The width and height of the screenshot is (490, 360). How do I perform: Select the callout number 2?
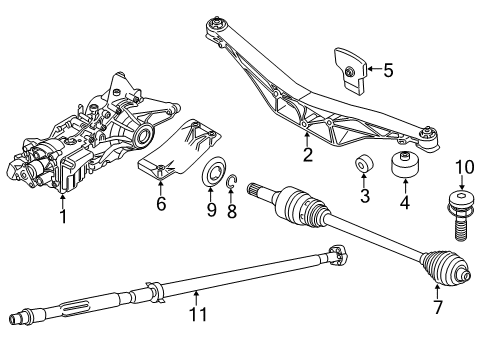coord(308,155)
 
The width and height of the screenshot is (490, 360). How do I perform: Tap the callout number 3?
coord(365,197)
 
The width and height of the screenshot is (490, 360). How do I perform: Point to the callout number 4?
coord(404,204)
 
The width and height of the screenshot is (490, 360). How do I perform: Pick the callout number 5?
coord(388,70)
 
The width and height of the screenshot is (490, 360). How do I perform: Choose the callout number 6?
coord(160,203)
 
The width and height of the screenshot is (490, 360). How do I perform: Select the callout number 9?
coord(210,211)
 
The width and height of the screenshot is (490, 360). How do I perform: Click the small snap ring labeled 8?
coord(232,181)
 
